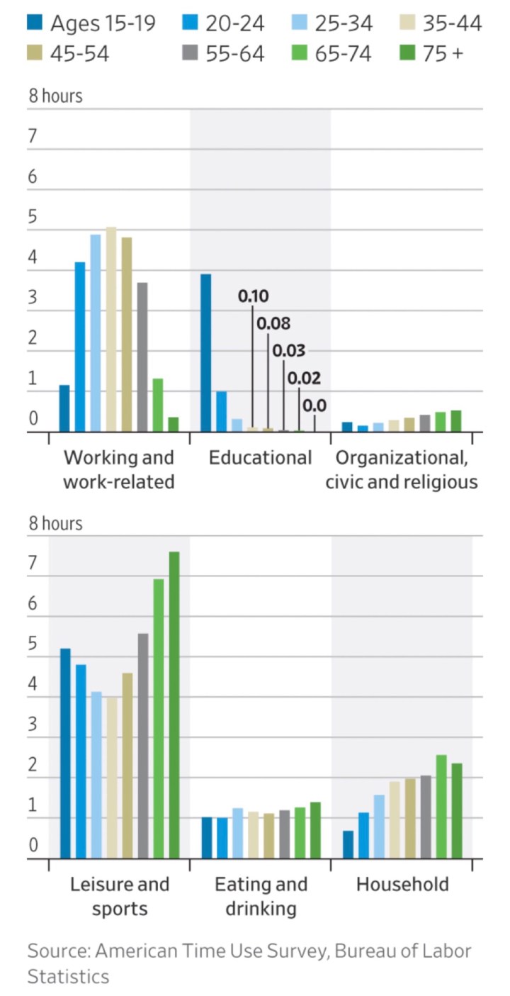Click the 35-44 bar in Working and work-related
111,329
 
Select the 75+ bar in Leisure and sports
174,705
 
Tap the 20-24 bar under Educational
222,411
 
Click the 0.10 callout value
253,296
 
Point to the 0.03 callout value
288,350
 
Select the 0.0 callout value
314,406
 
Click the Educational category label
260,458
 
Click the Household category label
402,884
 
